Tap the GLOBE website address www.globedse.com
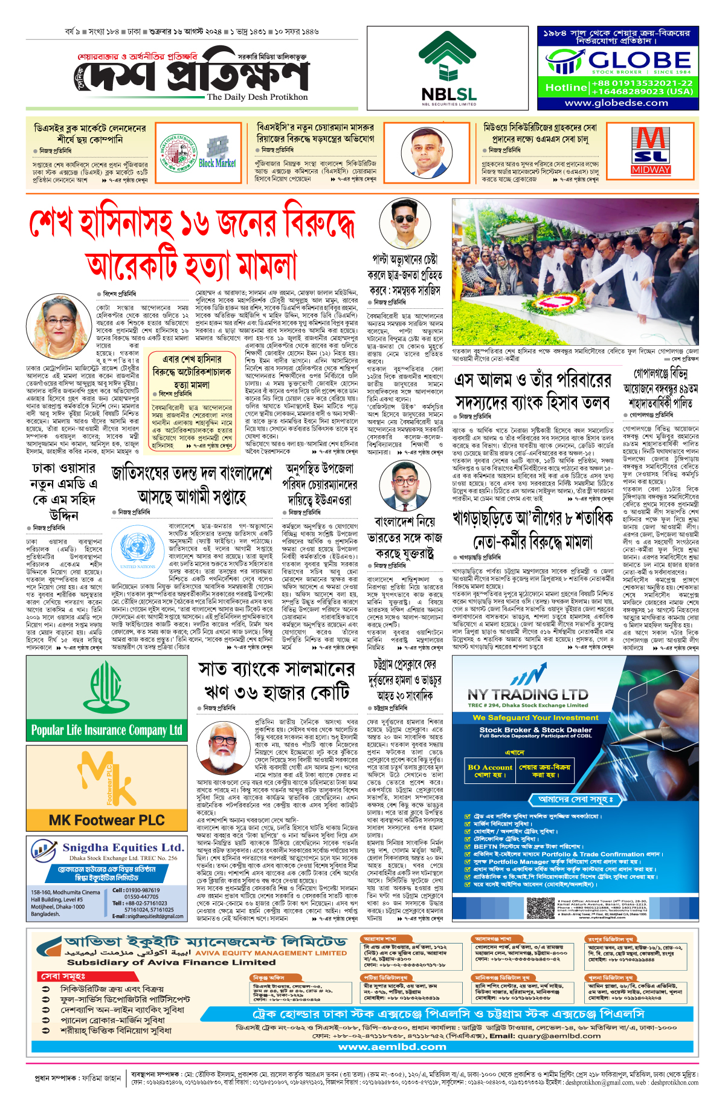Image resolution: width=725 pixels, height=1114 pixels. point(616,103)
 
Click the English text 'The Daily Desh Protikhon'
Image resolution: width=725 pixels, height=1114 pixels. point(257,97)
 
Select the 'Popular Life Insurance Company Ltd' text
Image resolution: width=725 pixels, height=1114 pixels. point(106,730)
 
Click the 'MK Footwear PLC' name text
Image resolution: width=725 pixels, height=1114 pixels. point(106,820)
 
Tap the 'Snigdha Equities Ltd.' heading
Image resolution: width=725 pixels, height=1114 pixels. point(123,847)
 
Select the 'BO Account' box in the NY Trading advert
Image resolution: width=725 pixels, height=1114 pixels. point(489,771)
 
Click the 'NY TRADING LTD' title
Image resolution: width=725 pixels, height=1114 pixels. point(527,695)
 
